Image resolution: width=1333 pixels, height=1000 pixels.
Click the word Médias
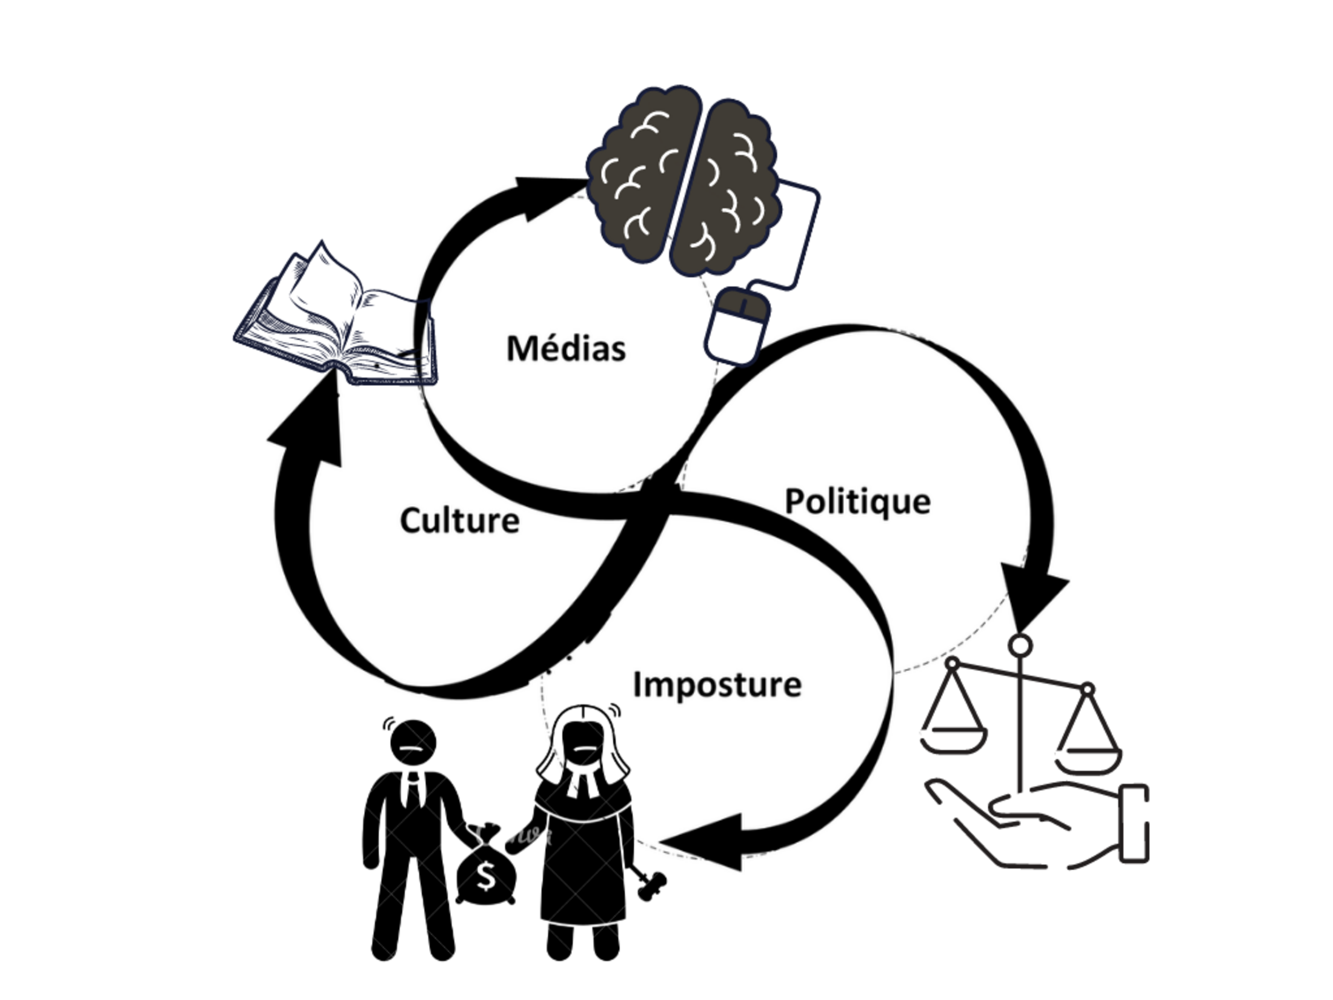pos(566,349)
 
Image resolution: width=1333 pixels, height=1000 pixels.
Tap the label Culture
pos(459,521)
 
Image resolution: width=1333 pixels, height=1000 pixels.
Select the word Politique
pos(857,502)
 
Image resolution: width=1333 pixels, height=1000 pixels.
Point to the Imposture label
pos(717,685)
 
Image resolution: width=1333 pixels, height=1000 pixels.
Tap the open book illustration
pos(336,321)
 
